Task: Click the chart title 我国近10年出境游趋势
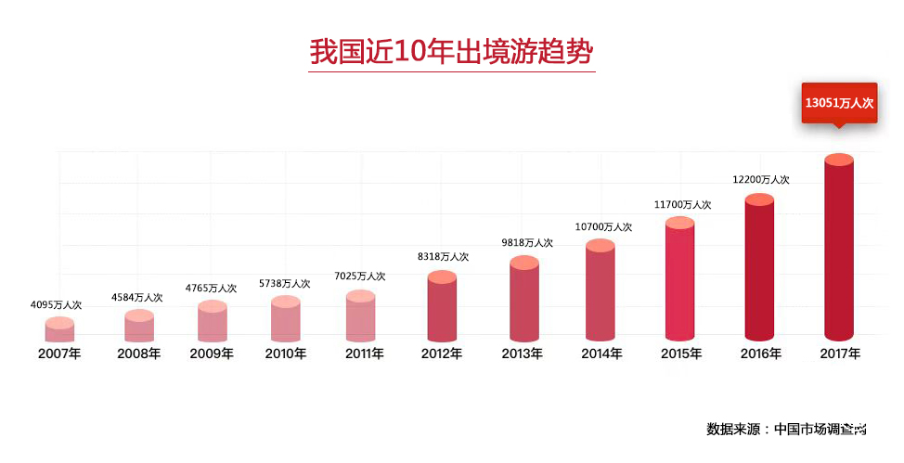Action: pyautogui.click(x=451, y=51)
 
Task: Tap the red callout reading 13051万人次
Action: pyautogui.click(x=839, y=104)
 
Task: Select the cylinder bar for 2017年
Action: pyautogui.click(x=839, y=249)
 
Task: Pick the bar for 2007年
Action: pyautogui.click(x=59, y=330)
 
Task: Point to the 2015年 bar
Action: pyautogui.click(x=679, y=281)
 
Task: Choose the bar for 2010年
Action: pyautogui.click(x=286, y=319)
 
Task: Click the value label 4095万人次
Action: pyautogui.click(x=57, y=304)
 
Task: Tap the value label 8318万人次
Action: pyautogui.click(x=442, y=257)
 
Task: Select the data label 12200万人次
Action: pyautogui.click(x=760, y=180)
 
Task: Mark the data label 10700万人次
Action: pyautogui.click(x=603, y=226)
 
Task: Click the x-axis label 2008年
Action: pyautogui.click(x=139, y=354)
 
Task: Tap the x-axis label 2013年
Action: pyautogui.click(x=523, y=354)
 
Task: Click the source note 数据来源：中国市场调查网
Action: pyautogui.click(x=786, y=429)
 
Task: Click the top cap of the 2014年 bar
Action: pyautogui.click(x=601, y=246)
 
